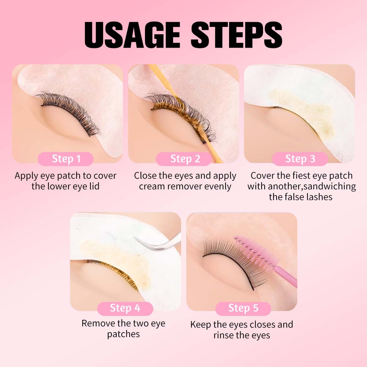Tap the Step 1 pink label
pyautogui.click(x=66, y=159)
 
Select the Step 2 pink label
pyautogui.click(x=184, y=159)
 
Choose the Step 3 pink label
pyautogui.click(x=300, y=159)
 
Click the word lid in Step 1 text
pyautogui.click(x=94, y=186)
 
